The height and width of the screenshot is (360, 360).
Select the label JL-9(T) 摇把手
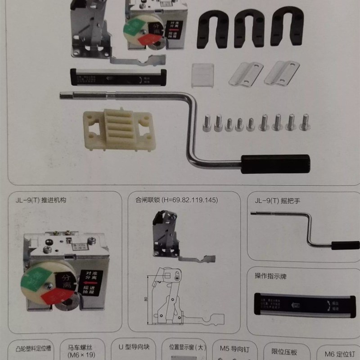tap(277, 201)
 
